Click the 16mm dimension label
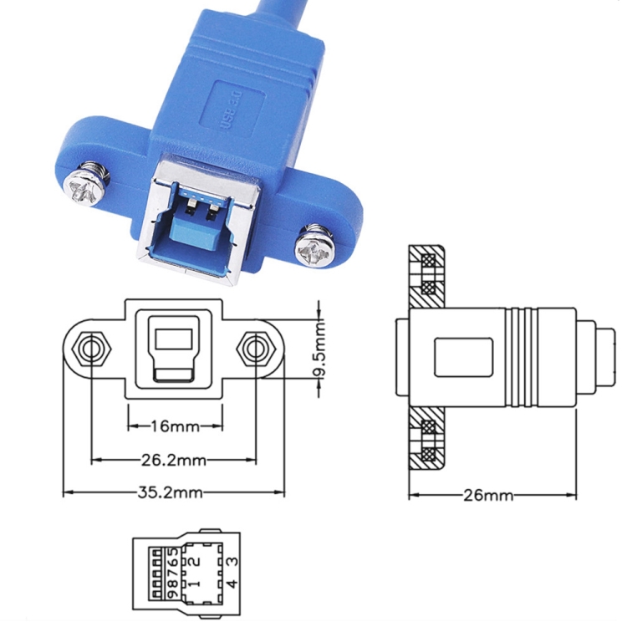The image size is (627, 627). coord(175,427)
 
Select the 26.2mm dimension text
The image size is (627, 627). coord(174,460)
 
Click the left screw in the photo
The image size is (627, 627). coord(86,185)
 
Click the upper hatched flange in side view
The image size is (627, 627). coord(428,273)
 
